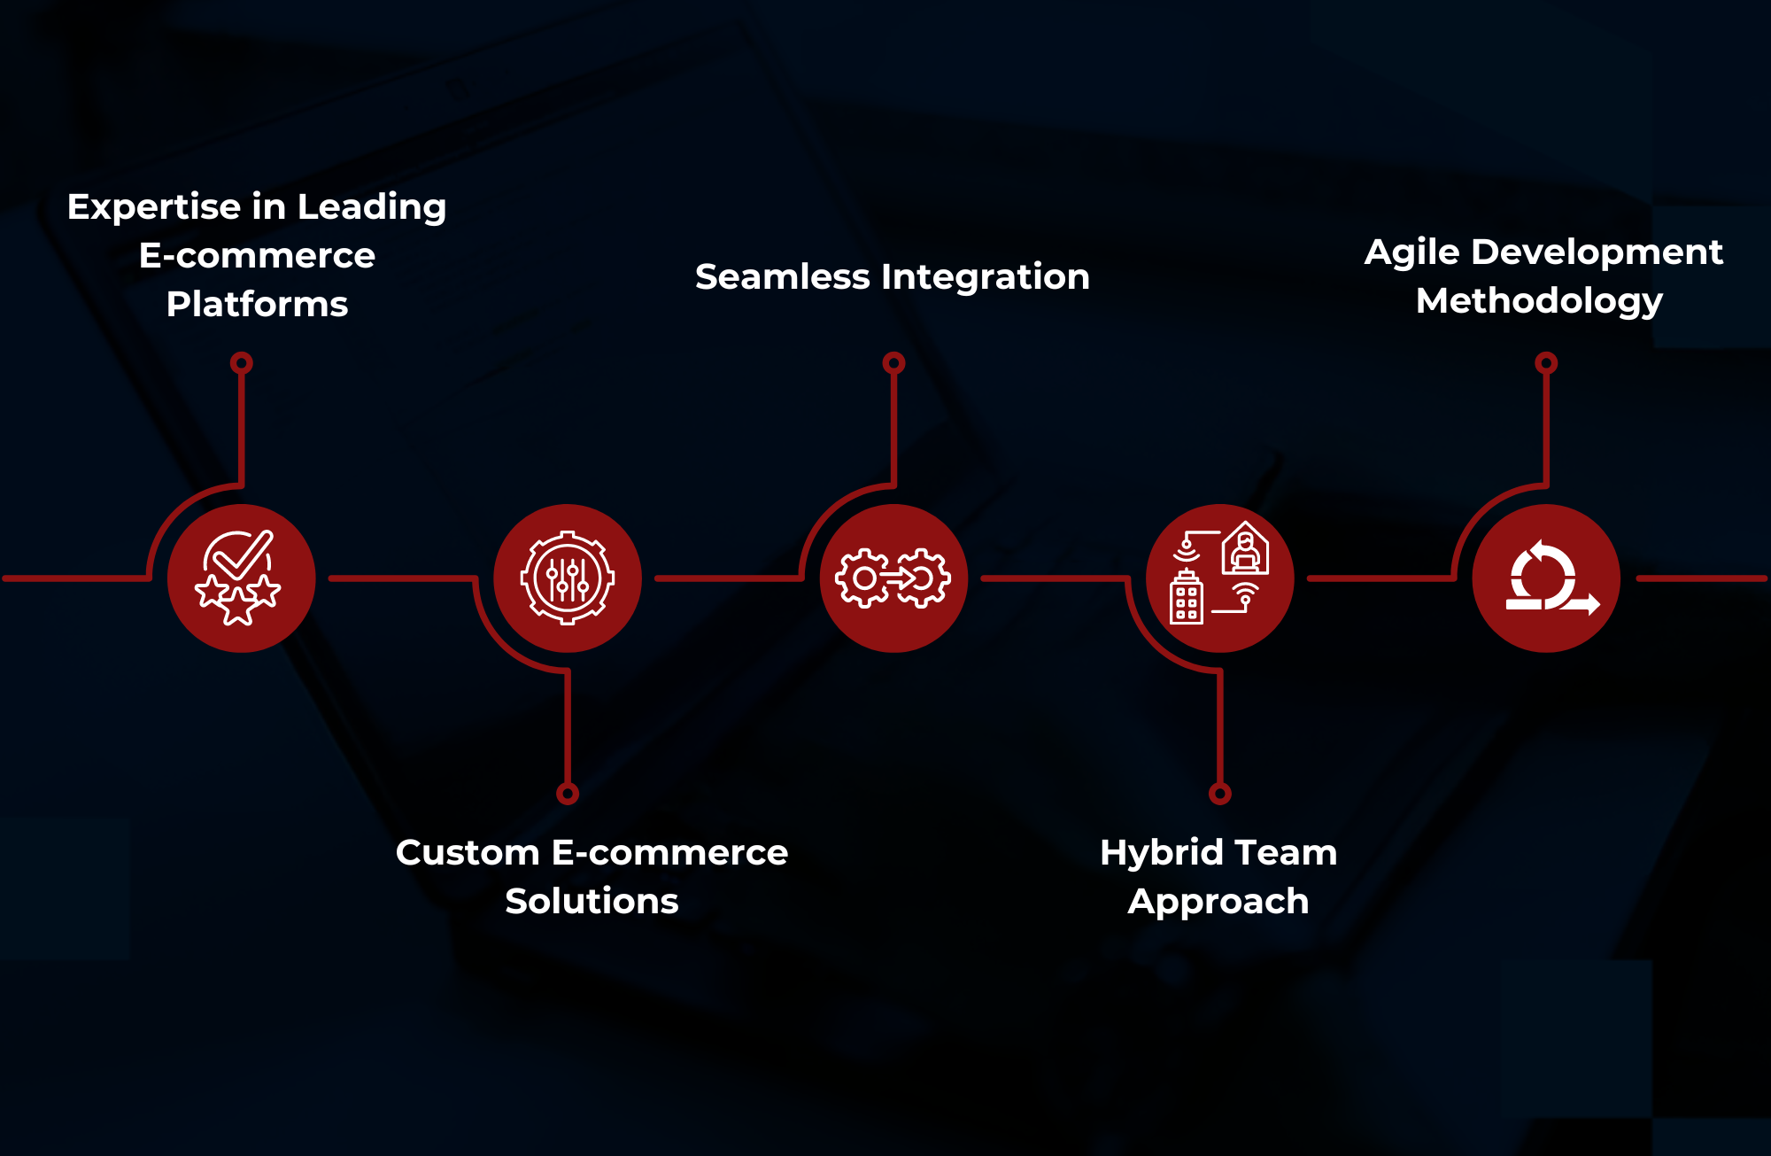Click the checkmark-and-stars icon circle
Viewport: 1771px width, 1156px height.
(x=241, y=578)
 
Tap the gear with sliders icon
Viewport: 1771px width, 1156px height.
(x=568, y=578)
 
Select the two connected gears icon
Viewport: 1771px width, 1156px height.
(x=893, y=578)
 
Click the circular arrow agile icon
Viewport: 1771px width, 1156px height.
(x=1546, y=578)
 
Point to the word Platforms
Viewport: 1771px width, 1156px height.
(x=257, y=305)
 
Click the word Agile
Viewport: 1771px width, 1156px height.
(x=1411, y=253)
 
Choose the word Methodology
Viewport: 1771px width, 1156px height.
(x=1539, y=302)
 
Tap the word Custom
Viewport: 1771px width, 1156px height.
(x=468, y=853)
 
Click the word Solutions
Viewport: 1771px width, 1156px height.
(x=592, y=902)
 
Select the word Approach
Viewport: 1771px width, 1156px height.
(x=1218, y=903)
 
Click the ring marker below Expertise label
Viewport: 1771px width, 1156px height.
(x=242, y=362)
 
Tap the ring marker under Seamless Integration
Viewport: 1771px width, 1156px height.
(x=893, y=362)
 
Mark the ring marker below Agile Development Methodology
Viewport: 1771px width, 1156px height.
(x=1546, y=362)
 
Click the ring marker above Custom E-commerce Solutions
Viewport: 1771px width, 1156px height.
(x=568, y=794)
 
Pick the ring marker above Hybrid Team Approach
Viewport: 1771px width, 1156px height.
(x=1220, y=794)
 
